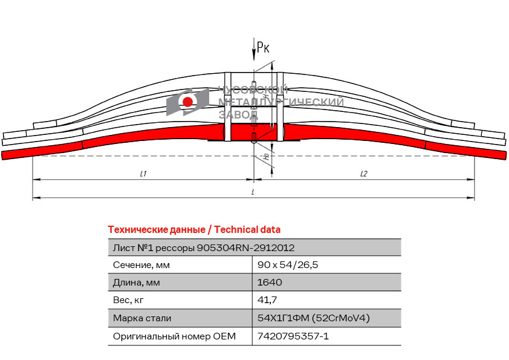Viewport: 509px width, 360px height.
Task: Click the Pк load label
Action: pyautogui.click(x=263, y=47)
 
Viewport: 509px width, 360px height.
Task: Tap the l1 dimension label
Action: pyautogui.click(x=143, y=174)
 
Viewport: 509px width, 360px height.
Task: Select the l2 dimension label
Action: pyautogui.click(x=363, y=174)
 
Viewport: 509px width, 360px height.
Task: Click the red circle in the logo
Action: pyautogui.click(x=188, y=102)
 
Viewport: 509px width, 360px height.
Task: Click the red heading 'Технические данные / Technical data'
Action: pyautogui.click(x=194, y=230)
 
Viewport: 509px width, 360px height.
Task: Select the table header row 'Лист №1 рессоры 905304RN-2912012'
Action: pyautogui.click(x=204, y=247)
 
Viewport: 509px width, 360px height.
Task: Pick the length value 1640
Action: pyautogui.click(x=270, y=283)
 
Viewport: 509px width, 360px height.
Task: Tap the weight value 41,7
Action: pyautogui.click(x=267, y=300)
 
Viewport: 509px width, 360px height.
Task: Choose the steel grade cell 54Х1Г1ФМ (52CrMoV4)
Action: pyautogui.click(x=313, y=318)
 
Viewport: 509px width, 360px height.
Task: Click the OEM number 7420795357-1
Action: pyautogui.click(x=293, y=336)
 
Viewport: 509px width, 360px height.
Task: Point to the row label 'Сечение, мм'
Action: pyautogui.click(x=141, y=265)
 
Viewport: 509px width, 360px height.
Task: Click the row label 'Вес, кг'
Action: pyautogui.click(x=128, y=300)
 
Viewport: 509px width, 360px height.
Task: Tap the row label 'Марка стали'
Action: pyautogui.click(x=142, y=318)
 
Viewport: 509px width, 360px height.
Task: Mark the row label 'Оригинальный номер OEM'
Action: pyautogui.click(x=174, y=336)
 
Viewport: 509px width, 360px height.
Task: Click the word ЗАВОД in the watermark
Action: pyautogui.click(x=238, y=114)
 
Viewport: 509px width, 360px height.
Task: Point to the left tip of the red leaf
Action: pyautogui.click(x=5, y=155)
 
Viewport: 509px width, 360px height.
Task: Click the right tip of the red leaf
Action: pyautogui.click(x=504, y=155)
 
